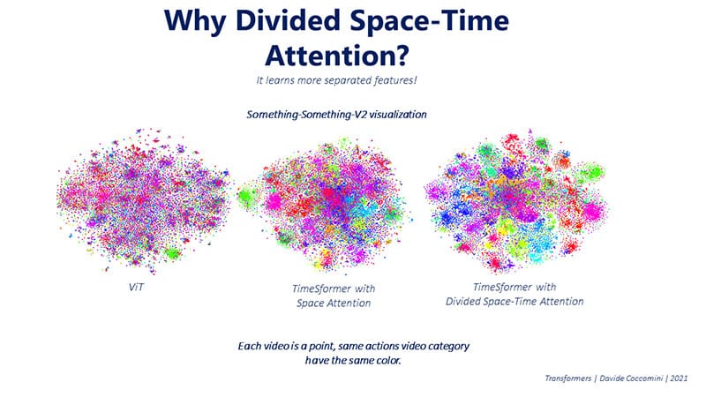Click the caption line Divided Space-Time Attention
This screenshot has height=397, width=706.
tap(516, 300)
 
